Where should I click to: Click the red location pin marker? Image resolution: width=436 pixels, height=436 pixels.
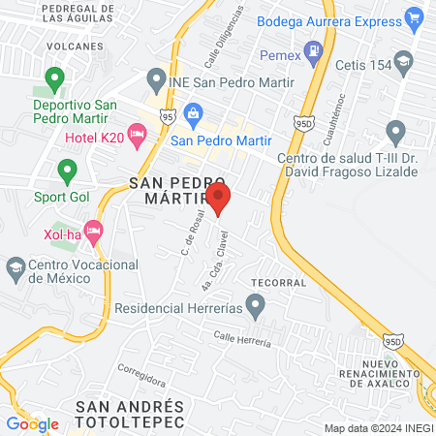click(x=219, y=199)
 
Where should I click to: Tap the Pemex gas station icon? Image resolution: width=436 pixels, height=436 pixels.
click(x=313, y=49)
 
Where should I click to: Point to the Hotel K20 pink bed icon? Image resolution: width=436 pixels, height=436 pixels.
click(x=137, y=135)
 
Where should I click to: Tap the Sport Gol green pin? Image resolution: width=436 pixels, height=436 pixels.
click(x=67, y=171)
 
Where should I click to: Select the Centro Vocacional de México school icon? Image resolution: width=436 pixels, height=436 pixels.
click(x=16, y=266)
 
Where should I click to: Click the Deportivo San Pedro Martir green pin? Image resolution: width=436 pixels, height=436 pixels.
click(x=55, y=78)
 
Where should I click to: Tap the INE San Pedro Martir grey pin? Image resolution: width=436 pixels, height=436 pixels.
click(x=154, y=78)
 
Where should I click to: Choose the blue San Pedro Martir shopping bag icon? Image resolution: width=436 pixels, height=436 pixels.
click(x=192, y=113)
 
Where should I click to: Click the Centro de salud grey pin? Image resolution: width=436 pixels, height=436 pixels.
click(x=394, y=131)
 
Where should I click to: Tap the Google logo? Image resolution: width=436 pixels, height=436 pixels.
click(x=32, y=423)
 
